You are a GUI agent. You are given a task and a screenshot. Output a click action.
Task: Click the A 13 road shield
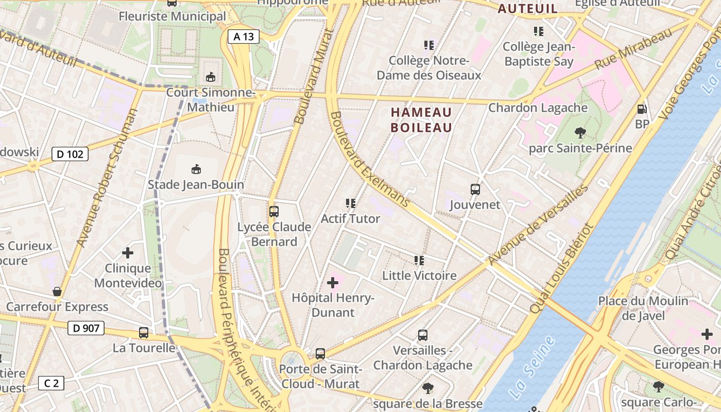tap(244, 37)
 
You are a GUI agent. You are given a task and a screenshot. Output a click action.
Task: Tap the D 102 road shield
tap(70, 154)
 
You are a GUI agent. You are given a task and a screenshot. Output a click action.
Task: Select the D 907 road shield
tap(86, 328)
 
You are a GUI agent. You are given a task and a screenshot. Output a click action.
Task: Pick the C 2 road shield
tap(51, 383)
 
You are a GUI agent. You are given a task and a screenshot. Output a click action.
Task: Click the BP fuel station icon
tap(642, 109)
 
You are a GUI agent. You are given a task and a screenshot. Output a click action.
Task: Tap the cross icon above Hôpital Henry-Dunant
tap(333, 283)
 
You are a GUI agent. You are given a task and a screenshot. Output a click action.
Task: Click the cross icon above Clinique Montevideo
tap(128, 253)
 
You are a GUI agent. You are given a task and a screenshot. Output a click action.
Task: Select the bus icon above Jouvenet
tap(475, 190)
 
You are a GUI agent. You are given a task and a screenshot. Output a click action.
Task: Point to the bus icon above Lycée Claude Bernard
tap(274, 212)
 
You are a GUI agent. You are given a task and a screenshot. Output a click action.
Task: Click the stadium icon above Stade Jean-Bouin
tap(196, 169)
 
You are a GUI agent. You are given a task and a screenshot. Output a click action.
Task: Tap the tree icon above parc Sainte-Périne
tap(580, 133)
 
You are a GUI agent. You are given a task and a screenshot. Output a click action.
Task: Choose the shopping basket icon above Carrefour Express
tap(57, 292)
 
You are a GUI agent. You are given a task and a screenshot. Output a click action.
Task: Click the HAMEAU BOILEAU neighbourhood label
tap(421, 120)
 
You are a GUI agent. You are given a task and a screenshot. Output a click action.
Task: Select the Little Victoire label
tap(419, 276)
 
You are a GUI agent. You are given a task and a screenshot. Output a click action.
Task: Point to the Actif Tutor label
tap(350, 219)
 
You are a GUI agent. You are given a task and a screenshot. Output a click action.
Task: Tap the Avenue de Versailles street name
tap(538, 226)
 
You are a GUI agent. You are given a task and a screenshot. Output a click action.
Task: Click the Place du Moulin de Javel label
tap(643, 308)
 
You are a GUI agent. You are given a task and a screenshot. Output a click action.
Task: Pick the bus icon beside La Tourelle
tap(144, 333)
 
